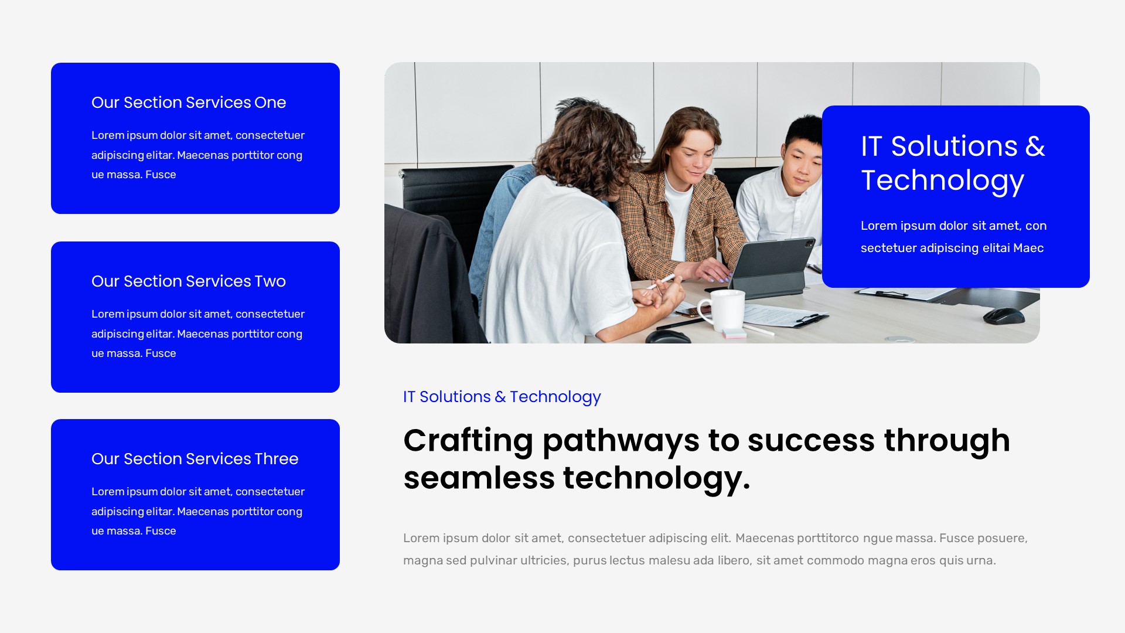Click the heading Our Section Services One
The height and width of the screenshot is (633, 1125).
189,103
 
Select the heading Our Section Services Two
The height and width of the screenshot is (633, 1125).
189,281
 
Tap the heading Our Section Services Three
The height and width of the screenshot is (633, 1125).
195,459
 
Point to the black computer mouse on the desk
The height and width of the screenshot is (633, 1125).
1003,316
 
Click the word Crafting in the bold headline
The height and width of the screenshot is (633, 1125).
468,441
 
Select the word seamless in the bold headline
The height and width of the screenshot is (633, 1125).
479,478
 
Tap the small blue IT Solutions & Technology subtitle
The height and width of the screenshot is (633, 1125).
502,397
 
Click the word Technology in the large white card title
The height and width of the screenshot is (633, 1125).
942,181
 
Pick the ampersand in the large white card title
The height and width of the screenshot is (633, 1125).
1035,147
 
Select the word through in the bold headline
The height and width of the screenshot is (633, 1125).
947,441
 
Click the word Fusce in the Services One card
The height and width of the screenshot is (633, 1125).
161,175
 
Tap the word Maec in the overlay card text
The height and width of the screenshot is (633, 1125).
1028,248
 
